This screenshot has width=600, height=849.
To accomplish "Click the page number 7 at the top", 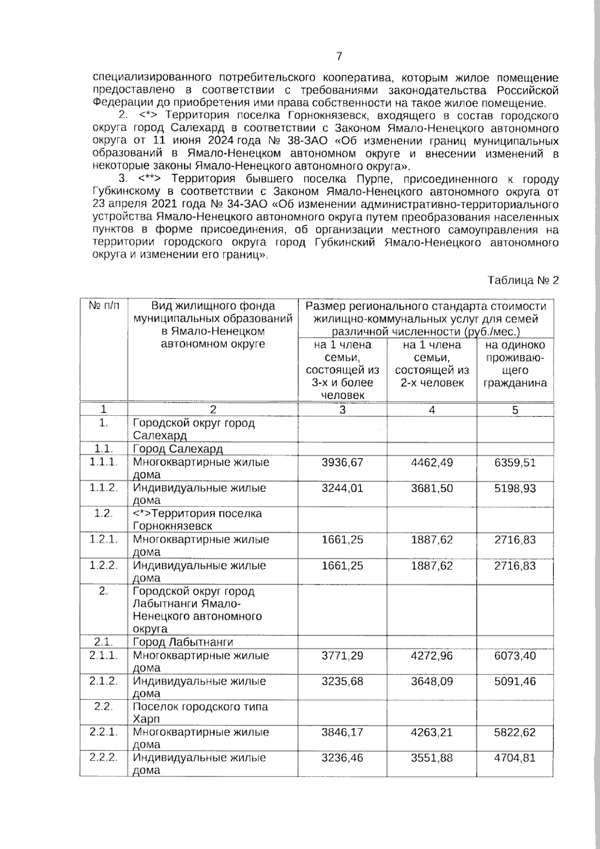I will (x=339, y=56).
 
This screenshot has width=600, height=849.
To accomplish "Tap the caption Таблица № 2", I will (x=523, y=280).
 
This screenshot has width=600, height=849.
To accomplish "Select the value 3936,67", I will (x=342, y=462).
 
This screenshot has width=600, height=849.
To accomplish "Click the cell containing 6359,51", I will (x=515, y=462).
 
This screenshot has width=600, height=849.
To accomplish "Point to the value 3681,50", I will (x=432, y=488).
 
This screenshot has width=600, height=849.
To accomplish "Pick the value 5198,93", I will (x=515, y=488).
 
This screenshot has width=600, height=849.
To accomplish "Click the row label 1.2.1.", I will (x=103, y=539).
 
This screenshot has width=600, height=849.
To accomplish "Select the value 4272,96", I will (x=432, y=655).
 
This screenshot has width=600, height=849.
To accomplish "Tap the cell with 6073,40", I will (x=515, y=655).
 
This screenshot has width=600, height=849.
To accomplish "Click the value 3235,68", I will (x=342, y=681).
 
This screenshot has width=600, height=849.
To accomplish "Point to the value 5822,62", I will (x=515, y=732).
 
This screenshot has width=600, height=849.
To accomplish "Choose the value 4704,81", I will (x=515, y=758).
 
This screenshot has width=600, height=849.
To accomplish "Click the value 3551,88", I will (x=432, y=758).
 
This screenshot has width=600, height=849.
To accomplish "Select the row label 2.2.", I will (x=103, y=707).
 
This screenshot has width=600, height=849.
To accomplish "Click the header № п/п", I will (x=104, y=306).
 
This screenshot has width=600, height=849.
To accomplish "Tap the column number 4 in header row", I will (x=432, y=410).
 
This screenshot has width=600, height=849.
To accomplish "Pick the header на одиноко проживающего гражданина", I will (x=515, y=364).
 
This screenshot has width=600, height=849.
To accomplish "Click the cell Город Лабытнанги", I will (x=183, y=642).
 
